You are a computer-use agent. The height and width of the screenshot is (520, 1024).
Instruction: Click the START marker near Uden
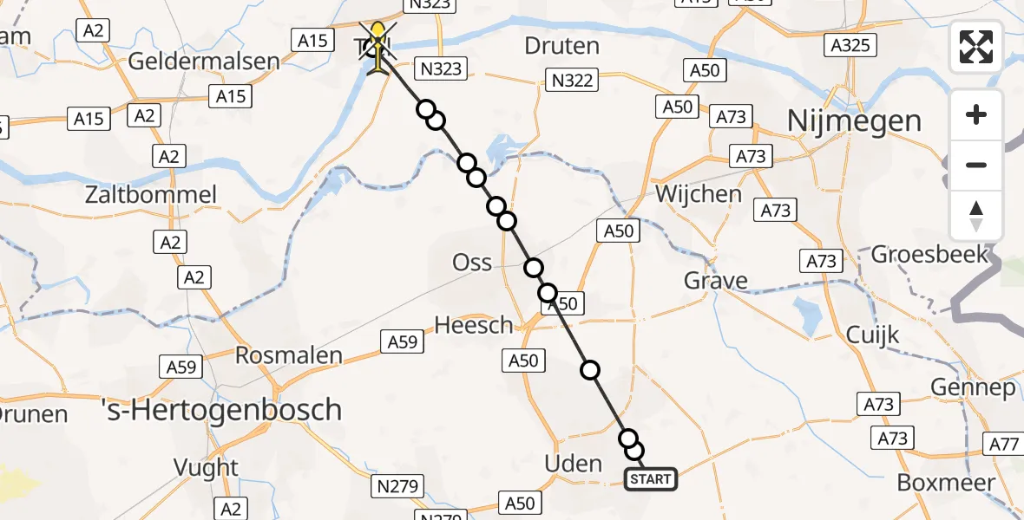[650, 479]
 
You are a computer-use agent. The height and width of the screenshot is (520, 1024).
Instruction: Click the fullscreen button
[976, 47]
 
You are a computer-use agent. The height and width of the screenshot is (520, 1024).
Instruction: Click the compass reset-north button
[976, 216]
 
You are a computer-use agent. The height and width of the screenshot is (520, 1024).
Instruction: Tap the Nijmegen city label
[854, 121]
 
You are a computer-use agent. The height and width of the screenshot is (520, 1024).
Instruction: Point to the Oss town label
[472, 262]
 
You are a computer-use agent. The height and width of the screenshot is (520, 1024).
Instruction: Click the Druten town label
[561, 46]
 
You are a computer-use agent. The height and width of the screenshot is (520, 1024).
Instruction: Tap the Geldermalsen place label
[204, 62]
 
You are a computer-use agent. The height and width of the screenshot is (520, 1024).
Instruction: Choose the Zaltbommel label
[150, 194]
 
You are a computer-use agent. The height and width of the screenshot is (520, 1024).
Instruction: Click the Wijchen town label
[699, 193]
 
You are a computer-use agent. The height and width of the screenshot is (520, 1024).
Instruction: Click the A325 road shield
[850, 46]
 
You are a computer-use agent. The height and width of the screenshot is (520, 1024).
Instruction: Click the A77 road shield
[1005, 445]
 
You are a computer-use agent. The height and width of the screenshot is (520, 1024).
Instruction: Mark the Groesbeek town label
[929, 254]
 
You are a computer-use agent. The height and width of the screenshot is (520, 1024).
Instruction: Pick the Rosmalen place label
[289, 355]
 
